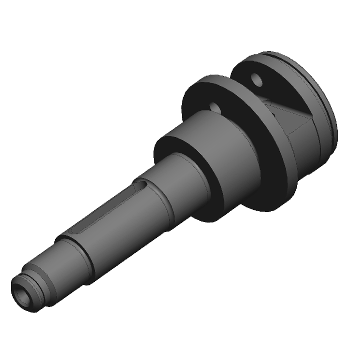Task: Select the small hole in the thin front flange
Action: [215, 106]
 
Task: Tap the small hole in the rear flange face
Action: [257, 78]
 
